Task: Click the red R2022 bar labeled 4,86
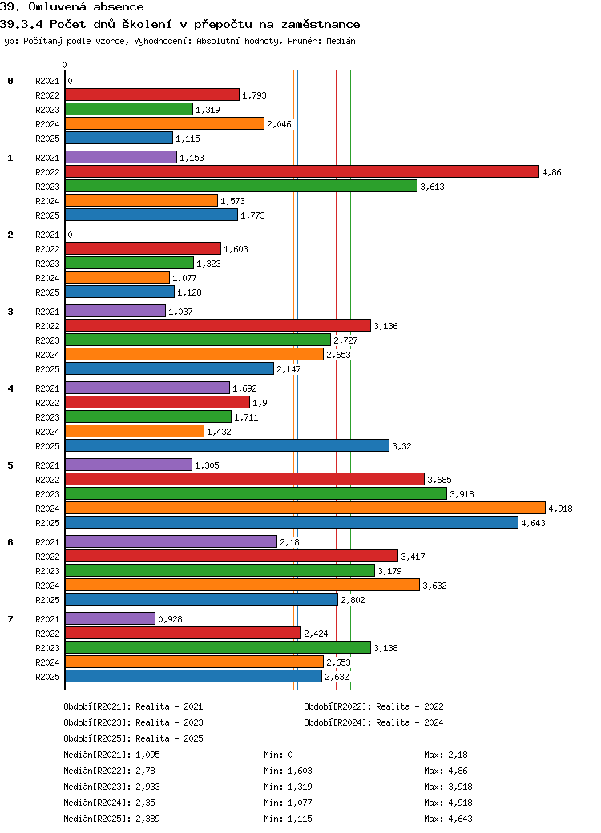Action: click(302, 171)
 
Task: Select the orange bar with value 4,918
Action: click(305, 508)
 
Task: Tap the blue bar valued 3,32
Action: click(227, 445)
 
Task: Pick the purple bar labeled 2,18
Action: click(171, 542)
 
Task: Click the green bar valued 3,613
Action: click(240, 186)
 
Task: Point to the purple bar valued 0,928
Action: click(110, 619)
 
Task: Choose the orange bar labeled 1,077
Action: click(118, 277)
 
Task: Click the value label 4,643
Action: click(533, 523)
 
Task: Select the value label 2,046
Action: click(279, 124)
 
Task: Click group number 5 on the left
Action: click(10, 465)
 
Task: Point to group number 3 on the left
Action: click(10, 312)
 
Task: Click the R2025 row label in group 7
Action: click(47, 677)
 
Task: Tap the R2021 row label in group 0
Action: click(47, 81)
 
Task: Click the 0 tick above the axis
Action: click(64, 66)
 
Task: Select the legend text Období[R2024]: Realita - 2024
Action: click(373, 722)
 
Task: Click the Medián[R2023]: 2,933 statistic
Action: click(111, 787)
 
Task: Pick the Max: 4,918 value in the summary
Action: click(448, 803)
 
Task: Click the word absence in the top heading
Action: click(119, 7)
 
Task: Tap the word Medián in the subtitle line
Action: click(341, 41)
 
